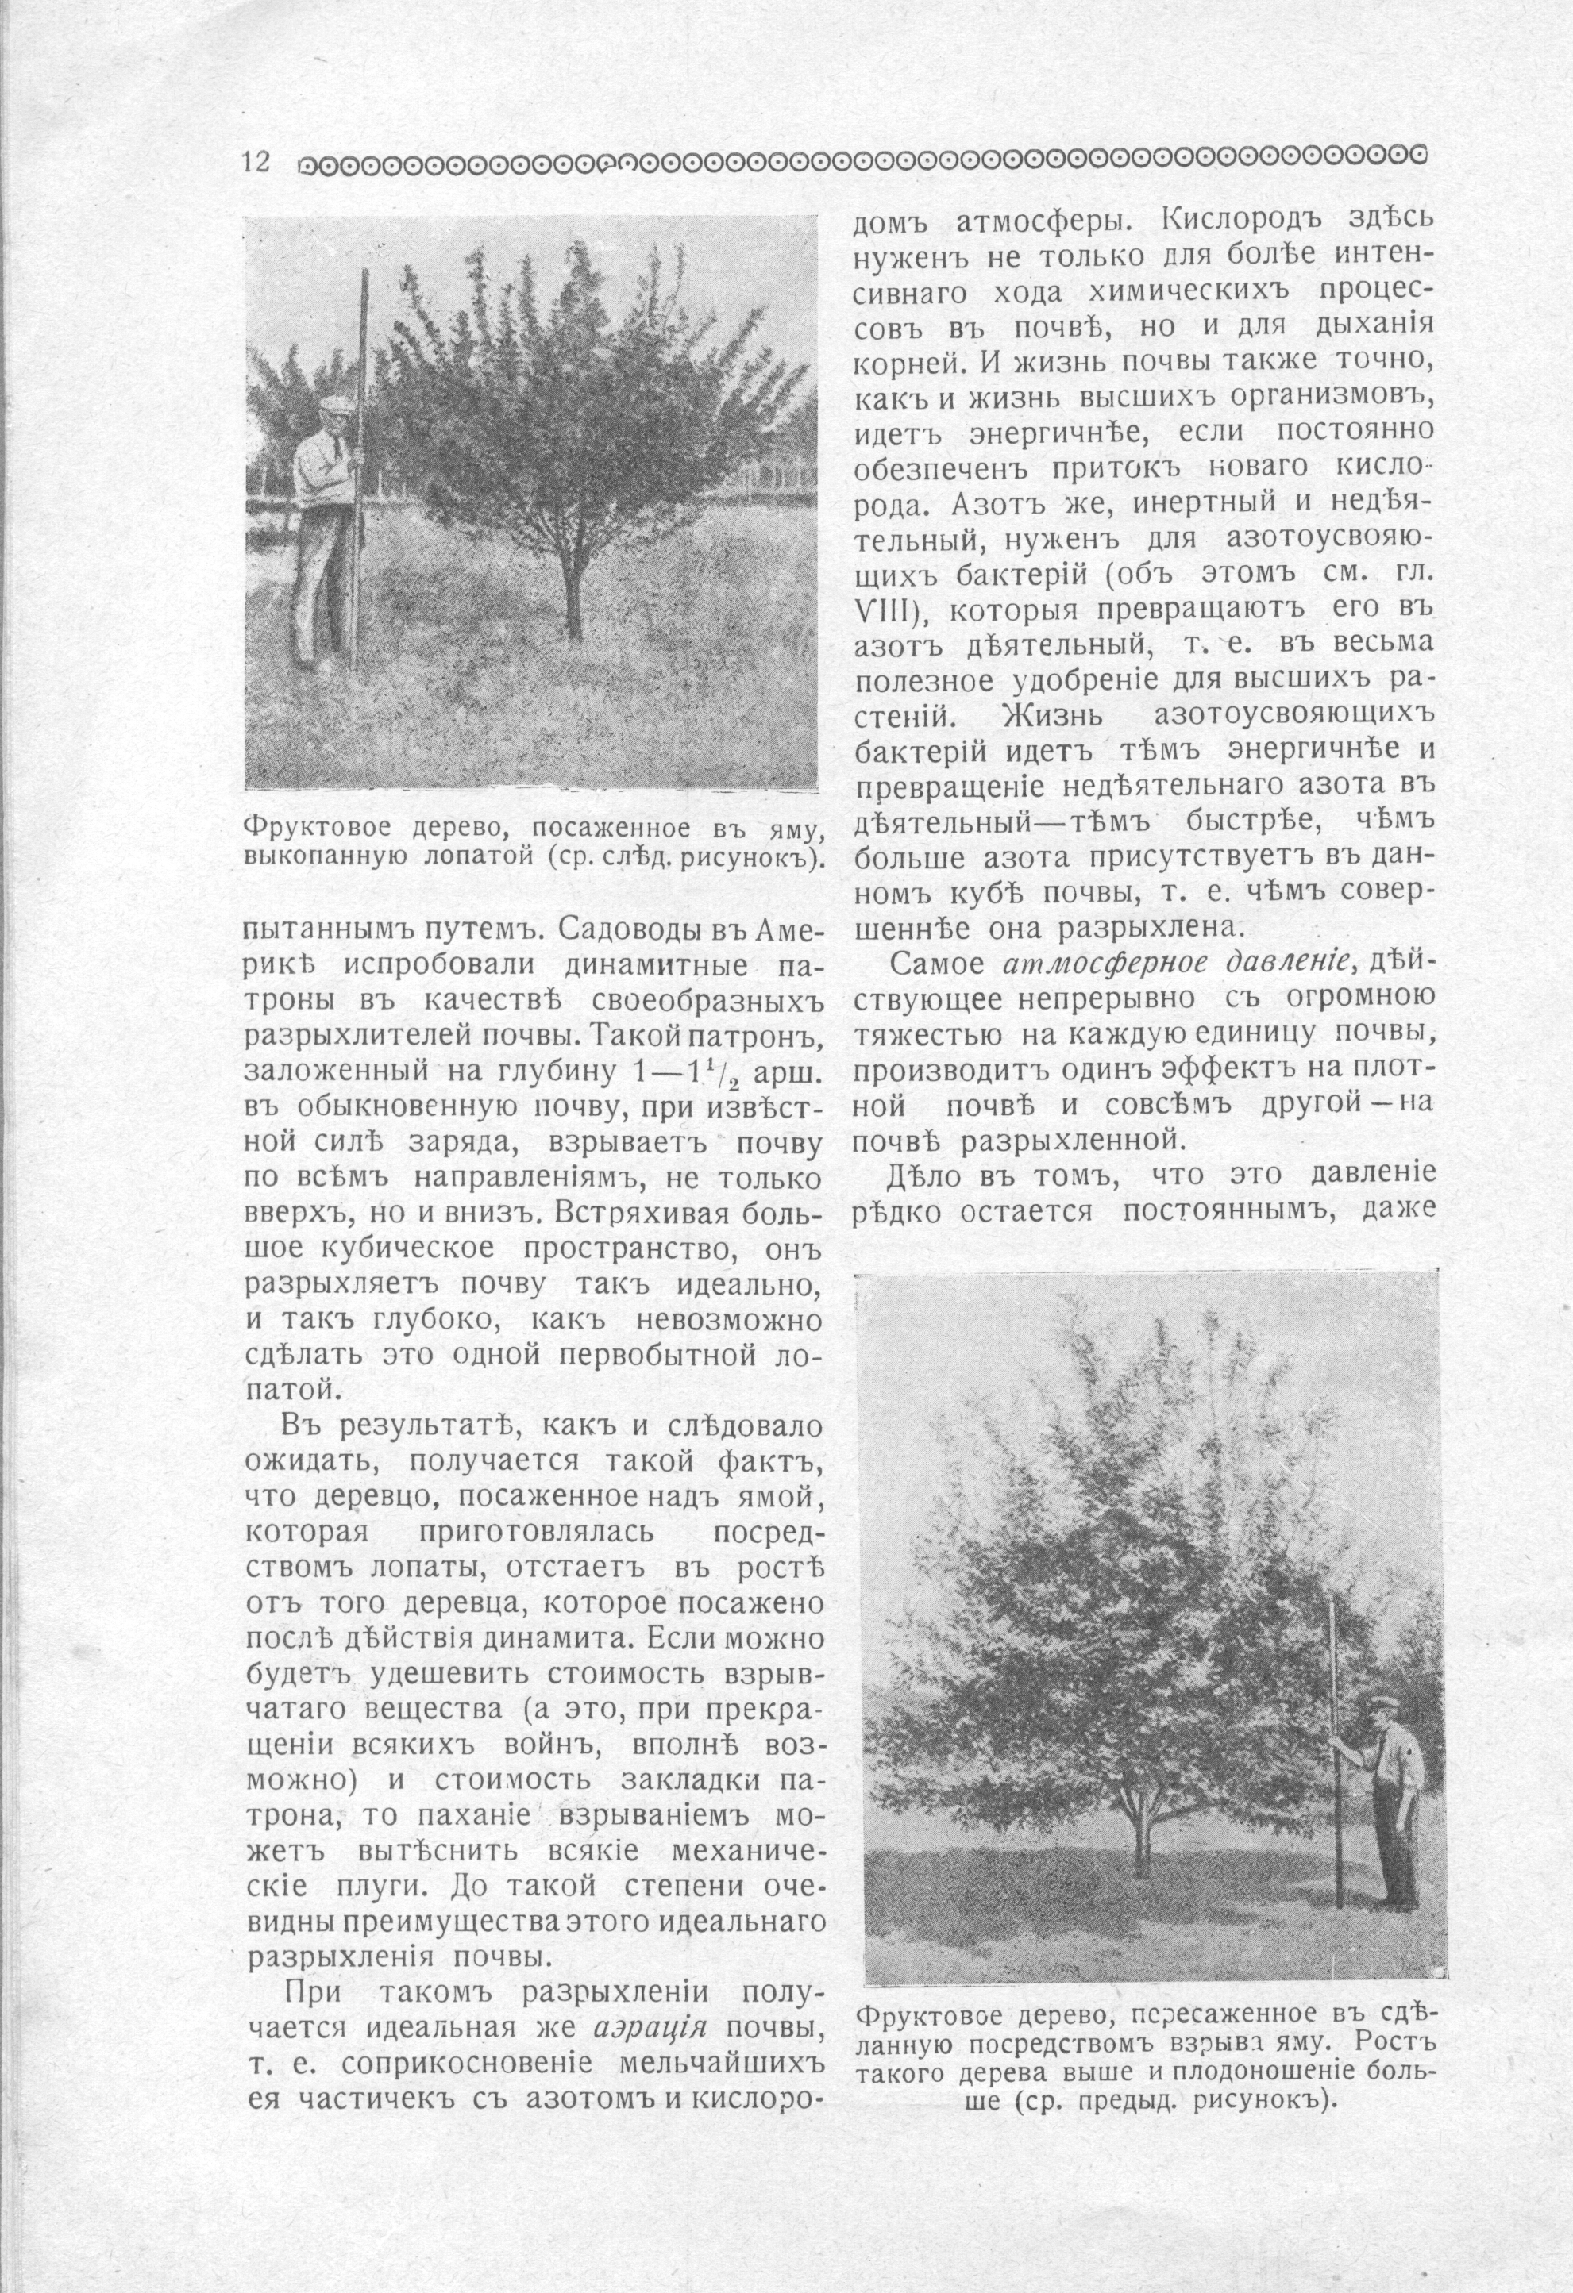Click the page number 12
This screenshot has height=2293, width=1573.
click(256, 161)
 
